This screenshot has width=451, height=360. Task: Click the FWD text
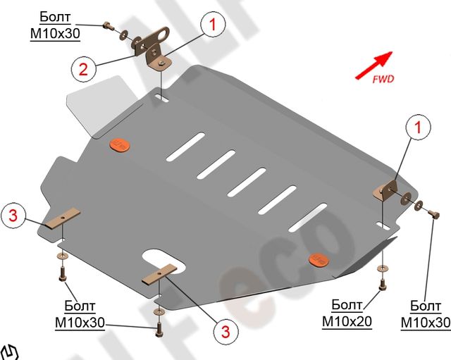pyautogui.click(x=383, y=78)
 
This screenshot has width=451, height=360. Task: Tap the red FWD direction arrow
pyautogui.click(x=373, y=63)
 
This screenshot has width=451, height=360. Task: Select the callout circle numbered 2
pyautogui.click(x=82, y=68)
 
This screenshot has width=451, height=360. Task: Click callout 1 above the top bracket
pyautogui.click(x=211, y=25)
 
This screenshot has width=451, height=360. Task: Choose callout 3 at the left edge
pyautogui.click(x=13, y=216)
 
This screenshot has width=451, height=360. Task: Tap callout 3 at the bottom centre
pyautogui.click(x=225, y=330)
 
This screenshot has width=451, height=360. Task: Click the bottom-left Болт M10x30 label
pyautogui.click(x=80, y=315)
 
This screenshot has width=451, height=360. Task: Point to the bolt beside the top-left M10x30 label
pyautogui.click(x=109, y=26)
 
